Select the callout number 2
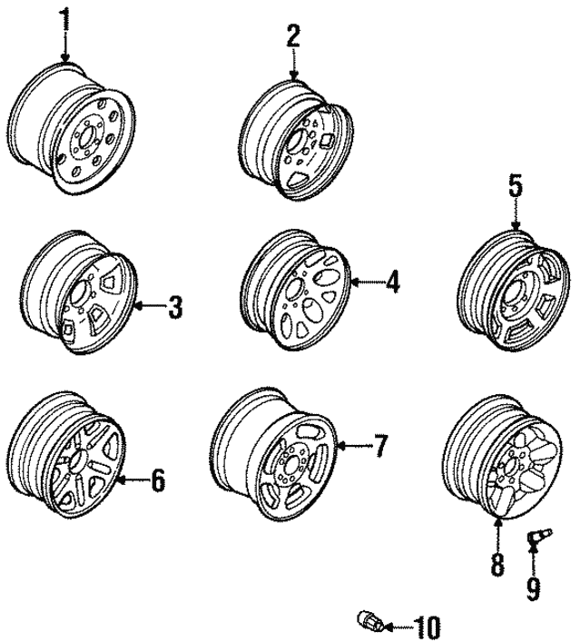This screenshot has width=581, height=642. [292, 36]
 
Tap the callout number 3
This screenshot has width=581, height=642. [175, 307]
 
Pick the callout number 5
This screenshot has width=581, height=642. [515, 187]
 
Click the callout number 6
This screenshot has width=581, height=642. [157, 480]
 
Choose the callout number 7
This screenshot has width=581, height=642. [380, 446]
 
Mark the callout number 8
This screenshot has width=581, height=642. [497, 564]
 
